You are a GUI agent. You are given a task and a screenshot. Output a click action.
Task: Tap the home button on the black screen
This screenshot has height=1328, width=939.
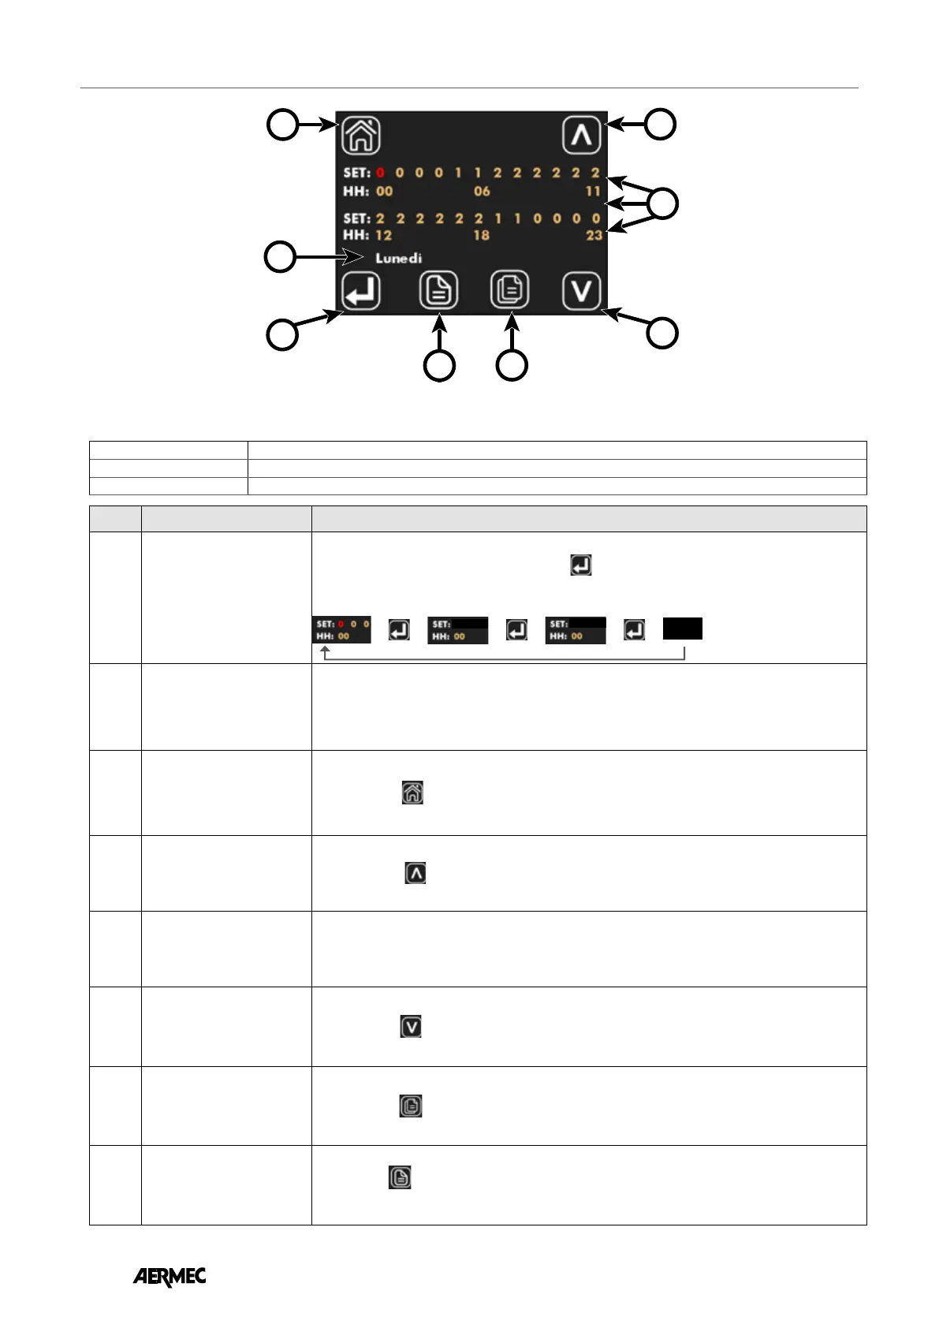click(361, 135)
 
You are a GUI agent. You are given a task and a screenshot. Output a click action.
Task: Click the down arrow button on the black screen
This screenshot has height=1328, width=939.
click(582, 291)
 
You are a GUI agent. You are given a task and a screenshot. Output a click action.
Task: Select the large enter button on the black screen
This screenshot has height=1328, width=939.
click(361, 292)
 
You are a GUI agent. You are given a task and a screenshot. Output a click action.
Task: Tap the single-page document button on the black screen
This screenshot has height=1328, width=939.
click(438, 291)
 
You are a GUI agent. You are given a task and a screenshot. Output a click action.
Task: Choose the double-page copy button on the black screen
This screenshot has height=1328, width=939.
click(510, 290)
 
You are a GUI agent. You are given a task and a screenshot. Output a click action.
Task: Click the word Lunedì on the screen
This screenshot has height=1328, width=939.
click(398, 258)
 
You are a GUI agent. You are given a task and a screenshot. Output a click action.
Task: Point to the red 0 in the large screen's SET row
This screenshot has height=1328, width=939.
click(380, 173)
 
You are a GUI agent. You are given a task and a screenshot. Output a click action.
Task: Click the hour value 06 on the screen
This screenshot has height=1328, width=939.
click(482, 191)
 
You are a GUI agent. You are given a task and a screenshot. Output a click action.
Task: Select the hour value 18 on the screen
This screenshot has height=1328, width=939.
click(481, 235)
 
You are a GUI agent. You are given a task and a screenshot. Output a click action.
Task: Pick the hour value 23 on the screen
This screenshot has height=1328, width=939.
click(594, 235)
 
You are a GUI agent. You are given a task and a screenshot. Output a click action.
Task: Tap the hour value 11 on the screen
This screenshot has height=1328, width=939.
click(593, 191)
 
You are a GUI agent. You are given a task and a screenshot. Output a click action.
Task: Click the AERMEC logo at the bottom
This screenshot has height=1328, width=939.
click(170, 1276)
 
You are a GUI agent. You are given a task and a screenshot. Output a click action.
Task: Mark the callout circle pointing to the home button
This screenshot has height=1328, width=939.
click(282, 125)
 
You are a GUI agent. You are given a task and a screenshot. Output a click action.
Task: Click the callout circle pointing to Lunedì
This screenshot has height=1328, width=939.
click(280, 257)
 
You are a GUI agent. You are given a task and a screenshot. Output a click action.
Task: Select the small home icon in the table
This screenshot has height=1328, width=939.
click(412, 793)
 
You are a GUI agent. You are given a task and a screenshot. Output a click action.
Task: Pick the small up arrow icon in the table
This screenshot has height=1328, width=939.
click(415, 873)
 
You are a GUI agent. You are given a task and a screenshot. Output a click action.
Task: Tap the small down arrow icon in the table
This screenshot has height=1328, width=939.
click(411, 1027)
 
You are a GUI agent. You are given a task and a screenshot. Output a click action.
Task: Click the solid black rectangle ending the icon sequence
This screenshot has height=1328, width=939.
click(682, 629)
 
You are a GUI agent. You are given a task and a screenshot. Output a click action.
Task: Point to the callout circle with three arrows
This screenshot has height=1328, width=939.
click(663, 203)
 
